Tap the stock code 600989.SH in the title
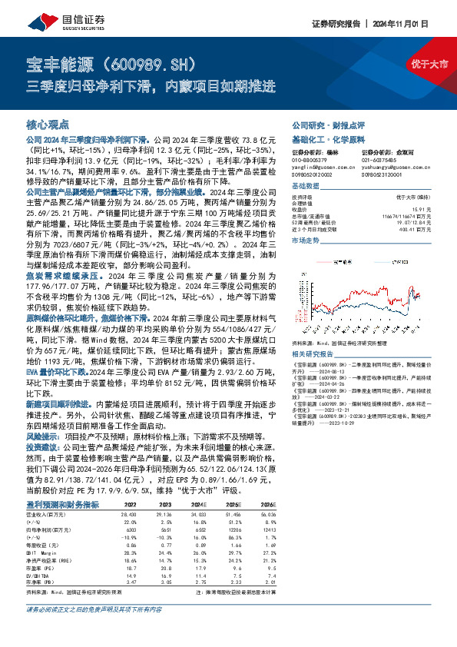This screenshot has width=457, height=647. pyautogui.click(x=157, y=61)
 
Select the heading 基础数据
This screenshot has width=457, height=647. pyautogui.click(x=305, y=187)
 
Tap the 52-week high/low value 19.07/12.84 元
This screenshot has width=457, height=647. pyautogui.click(x=404, y=222)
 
